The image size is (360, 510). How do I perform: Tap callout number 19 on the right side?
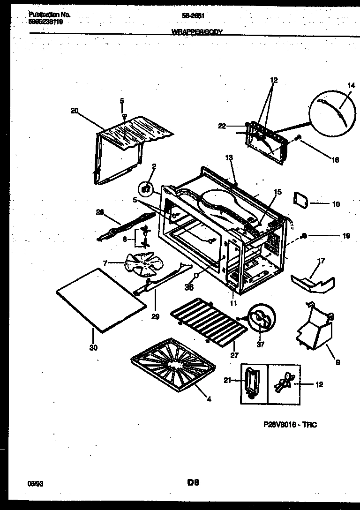346,236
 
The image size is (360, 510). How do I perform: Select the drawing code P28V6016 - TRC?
290,425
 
